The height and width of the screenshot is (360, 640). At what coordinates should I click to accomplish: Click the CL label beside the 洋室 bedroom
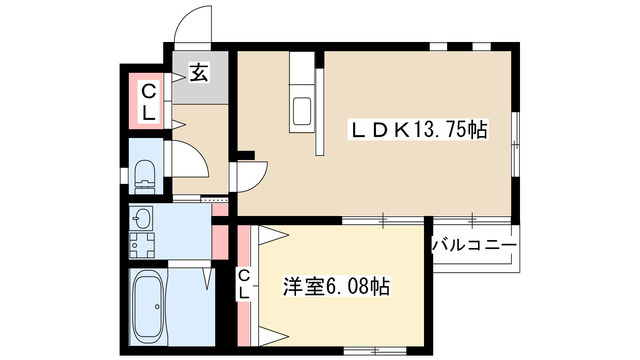pyautogui.click(x=244, y=284)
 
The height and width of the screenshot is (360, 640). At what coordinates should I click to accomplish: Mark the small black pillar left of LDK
pyautogui.click(x=245, y=155)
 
